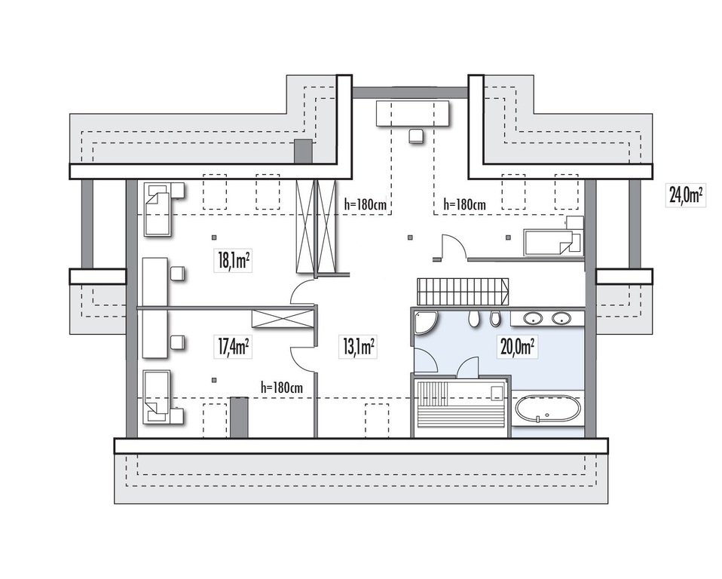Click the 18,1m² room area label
pyautogui.click(x=233, y=260)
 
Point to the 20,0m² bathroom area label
pyautogui.click(x=519, y=346)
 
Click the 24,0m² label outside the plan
pyautogui.click(x=686, y=195)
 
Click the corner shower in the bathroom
pyautogui.click(x=426, y=323)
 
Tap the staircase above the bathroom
pyautogui.click(x=463, y=292)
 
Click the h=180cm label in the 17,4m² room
pyautogui.click(x=281, y=388)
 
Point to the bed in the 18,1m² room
pyautogui.click(x=158, y=209)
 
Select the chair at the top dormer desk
pyautogui.click(x=416, y=136)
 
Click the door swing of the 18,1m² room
pyautogui.click(x=301, y=293)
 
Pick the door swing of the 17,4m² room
pyautogui.click(x=302, y=357)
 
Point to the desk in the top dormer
pyautogui.click(x=412, y=113)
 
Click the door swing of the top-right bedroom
pyautogui.click(x=454, y=247)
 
